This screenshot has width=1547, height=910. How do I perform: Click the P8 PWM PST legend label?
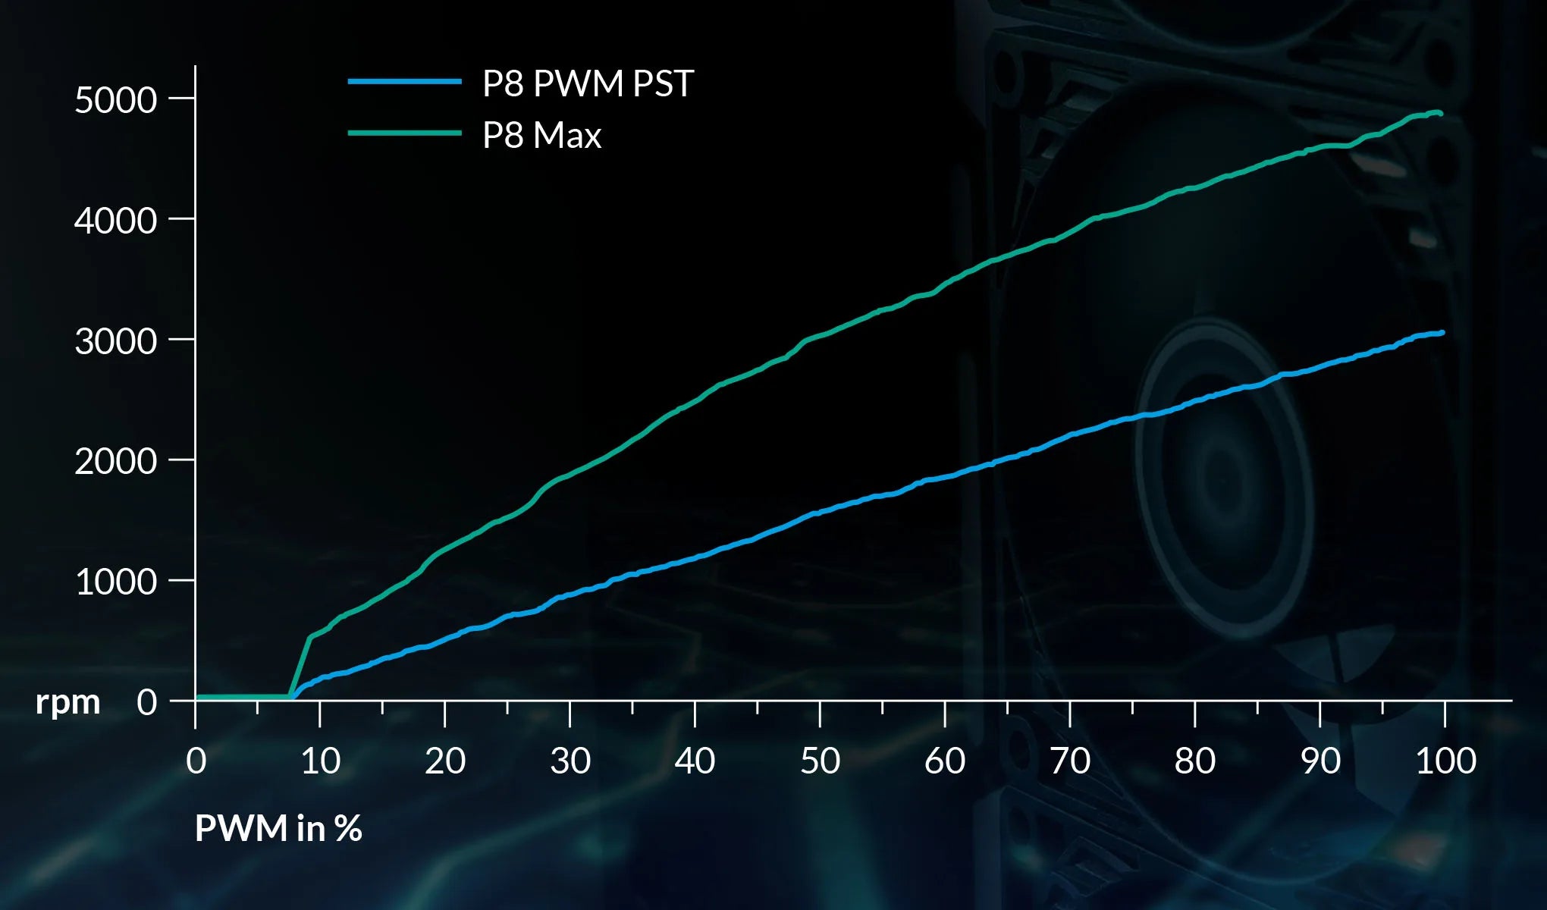(x=588, y=83)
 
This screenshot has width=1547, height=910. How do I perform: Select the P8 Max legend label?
(x=541, y=136)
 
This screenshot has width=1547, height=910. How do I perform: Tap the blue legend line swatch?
(x=405, y=81)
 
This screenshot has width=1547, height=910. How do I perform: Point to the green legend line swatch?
(x=405, y=133)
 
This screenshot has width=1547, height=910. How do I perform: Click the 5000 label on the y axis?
(x=115, y=100)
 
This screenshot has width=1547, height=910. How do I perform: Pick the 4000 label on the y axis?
(x=115, y=221)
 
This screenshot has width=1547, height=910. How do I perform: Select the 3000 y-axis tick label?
(x=115, y=341)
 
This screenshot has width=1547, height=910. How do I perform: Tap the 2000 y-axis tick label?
(x=115, y=461)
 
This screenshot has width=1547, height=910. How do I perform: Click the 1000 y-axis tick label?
(x=115, y=582)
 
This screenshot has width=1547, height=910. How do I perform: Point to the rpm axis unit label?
(x=68, y=702)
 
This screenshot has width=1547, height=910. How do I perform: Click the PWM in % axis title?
(x=278, y=828)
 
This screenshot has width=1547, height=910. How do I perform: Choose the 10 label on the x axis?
(x=320, y=761)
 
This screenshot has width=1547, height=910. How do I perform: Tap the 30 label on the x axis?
(x=570, y=761)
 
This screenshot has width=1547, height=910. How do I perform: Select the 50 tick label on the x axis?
(x=820, y=761)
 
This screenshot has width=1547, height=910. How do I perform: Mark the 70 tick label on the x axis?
(x=1070, y=761)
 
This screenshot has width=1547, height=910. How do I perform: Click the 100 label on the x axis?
(x=1445, y=761)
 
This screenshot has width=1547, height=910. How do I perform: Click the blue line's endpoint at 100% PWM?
(x=1441, y=333)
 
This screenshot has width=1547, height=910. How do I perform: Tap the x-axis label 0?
(x=196, y=761)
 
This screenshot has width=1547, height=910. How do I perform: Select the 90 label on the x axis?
(x=1320, y=761)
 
